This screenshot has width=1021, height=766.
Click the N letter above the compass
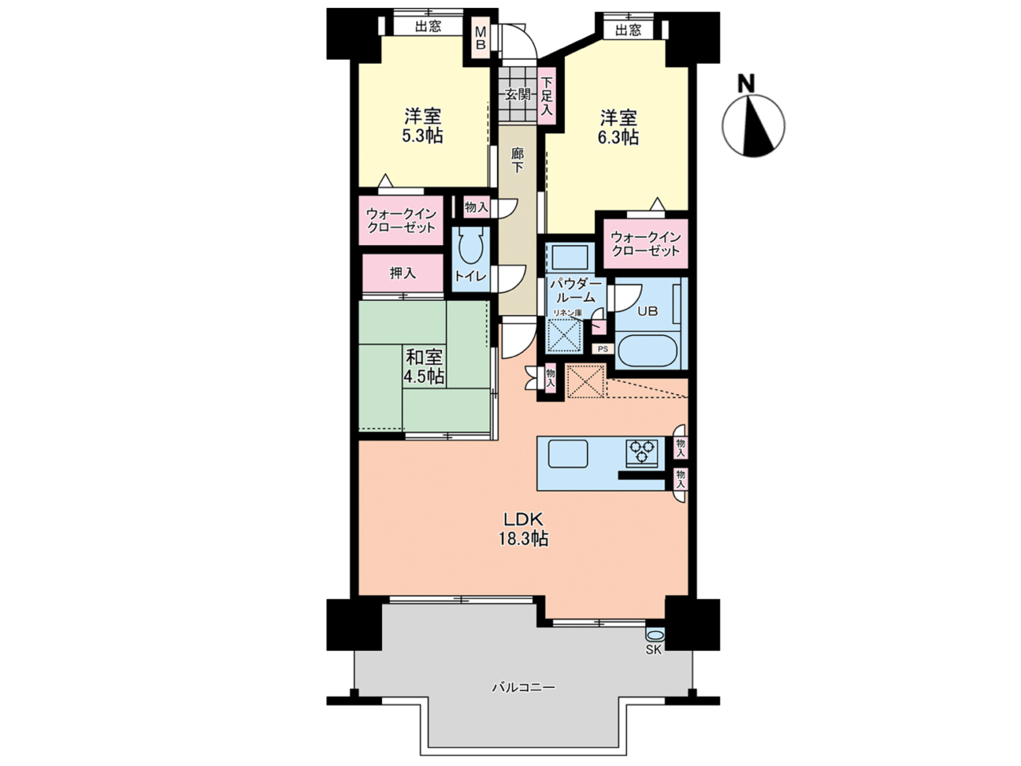(x=747, y=83)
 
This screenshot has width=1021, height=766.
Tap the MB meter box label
(x=480, y=38)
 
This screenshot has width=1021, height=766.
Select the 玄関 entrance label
(x=517, y=95)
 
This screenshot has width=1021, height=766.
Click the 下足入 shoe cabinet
(x=547, y=97)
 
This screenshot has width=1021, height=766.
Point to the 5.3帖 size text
(x=422, y=136)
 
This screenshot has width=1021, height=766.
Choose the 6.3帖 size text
(x=618, y=137)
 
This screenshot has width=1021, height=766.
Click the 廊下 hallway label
(x=517, y=160)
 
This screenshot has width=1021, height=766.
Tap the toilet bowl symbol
(x=471, y=247)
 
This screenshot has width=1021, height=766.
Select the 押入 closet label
(x=403, y=274)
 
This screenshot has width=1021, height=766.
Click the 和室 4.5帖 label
(x=424, y=366)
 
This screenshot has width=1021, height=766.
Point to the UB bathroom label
(x=647, y=311)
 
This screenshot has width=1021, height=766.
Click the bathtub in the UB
(x=648, y=350)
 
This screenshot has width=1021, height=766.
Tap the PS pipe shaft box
(x=603, y=349)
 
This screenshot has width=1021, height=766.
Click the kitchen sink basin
(x=568, y=454)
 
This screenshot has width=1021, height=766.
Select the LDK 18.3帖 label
(x=524, y=529)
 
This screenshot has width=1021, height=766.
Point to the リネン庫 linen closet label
(x=567, y=314)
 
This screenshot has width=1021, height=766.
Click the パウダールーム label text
(x=577, y=290)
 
